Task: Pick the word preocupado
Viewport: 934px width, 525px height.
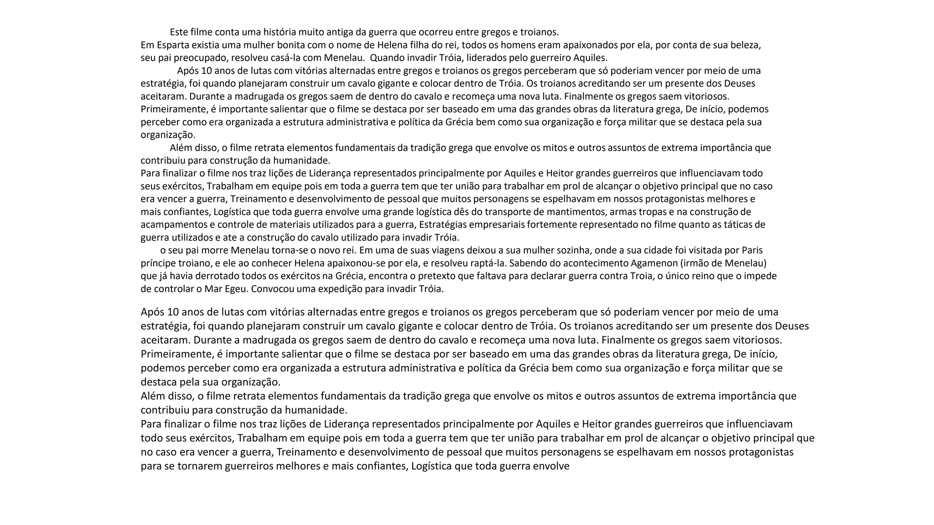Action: tap(201, 58)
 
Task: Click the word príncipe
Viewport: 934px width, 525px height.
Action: tap(157, 263)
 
